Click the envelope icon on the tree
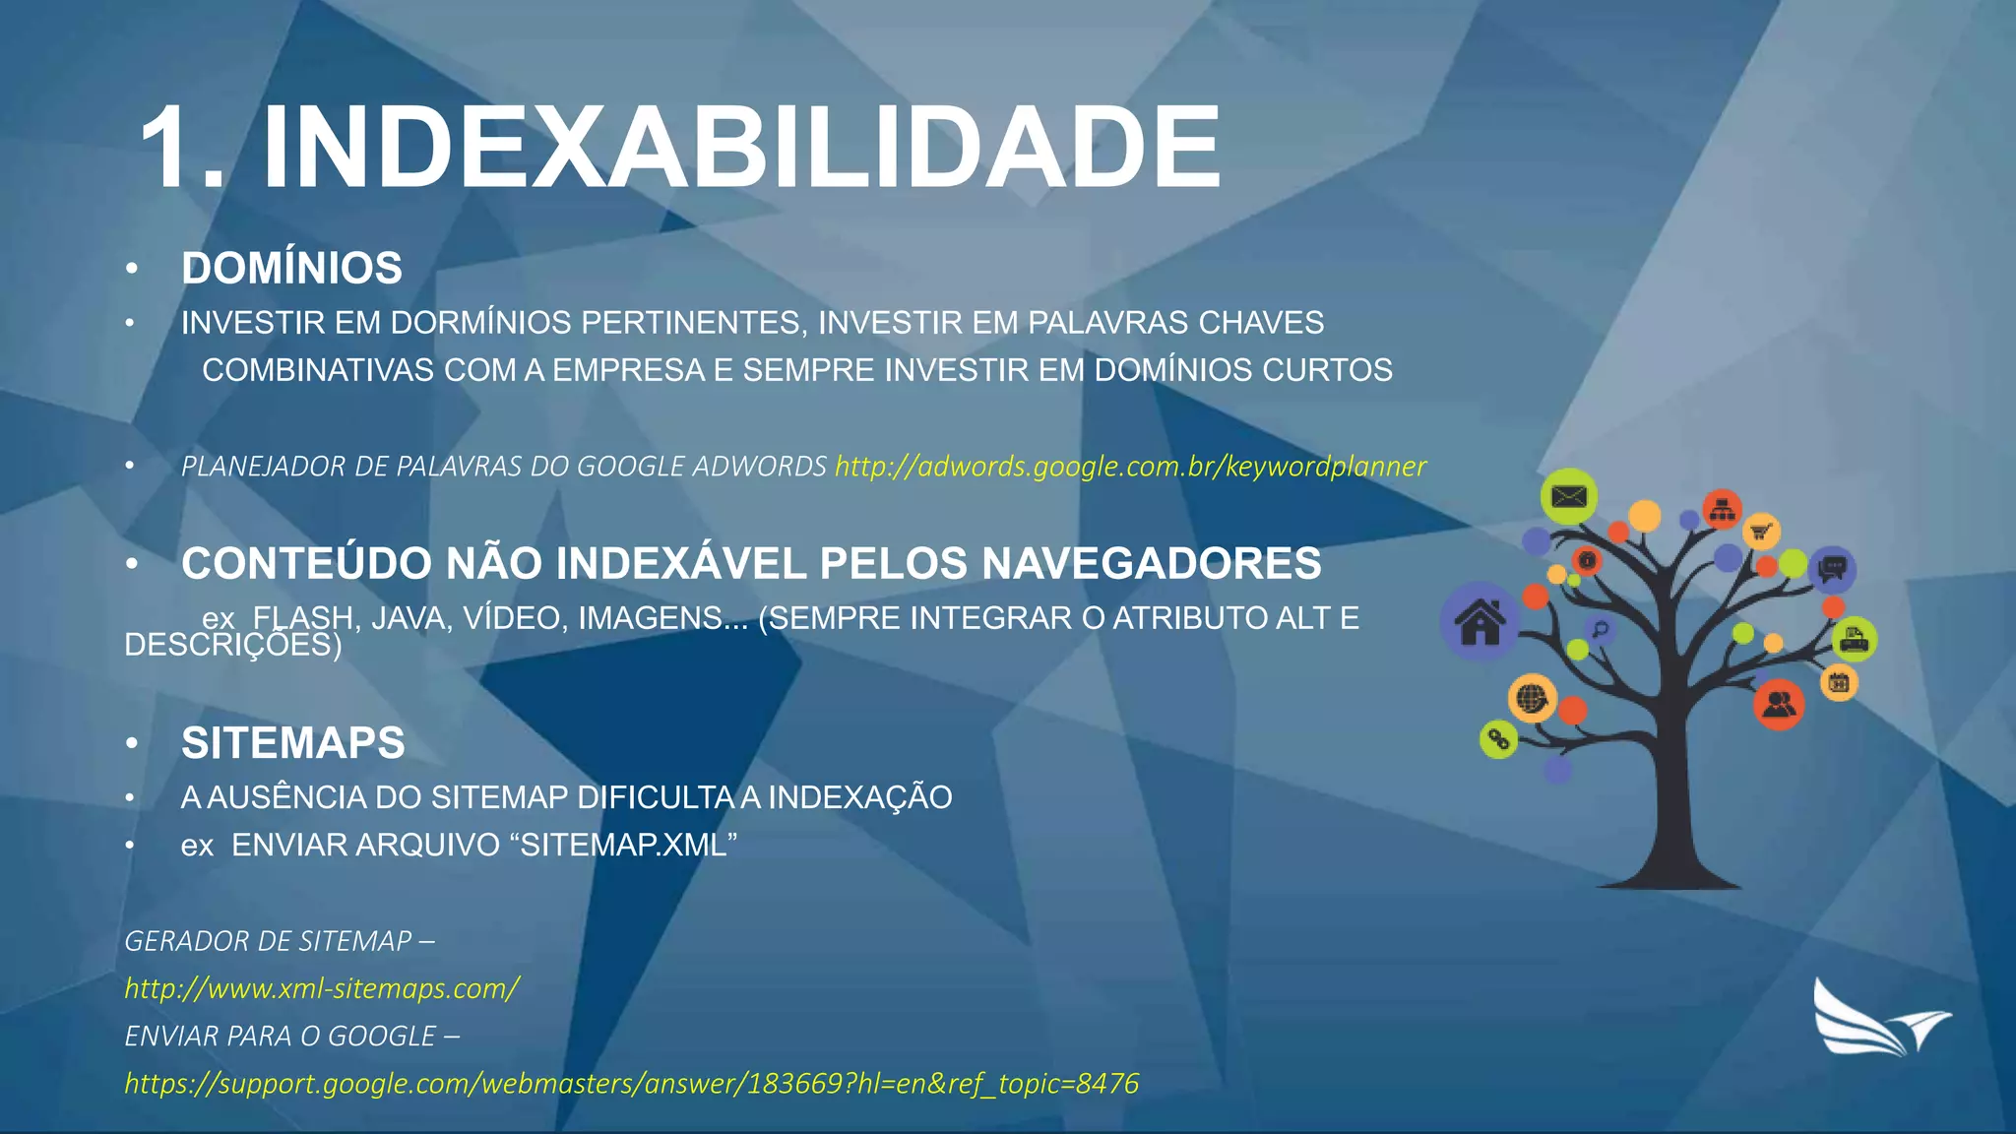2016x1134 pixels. coord(1568,496)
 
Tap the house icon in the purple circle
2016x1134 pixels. coord(1480,622)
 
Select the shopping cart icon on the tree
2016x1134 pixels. coord(1761,532)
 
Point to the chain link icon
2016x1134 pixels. coord(1498,738)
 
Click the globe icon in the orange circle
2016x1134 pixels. coord(1532,699)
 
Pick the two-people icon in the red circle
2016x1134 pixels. coord(1779,704)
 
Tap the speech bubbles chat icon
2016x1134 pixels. coord(1832,569)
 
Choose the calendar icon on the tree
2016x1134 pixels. coord(1838,681)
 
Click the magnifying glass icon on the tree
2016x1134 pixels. coord(1601,630)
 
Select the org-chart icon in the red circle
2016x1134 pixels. coord(1722,509)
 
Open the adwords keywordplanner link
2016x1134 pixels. coord(1130,466)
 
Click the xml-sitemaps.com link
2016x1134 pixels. coord(322,988)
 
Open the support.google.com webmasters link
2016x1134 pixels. coord(631,1084)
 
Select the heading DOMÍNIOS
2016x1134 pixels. coord(291,268)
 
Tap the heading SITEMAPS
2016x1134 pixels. coord(292,742)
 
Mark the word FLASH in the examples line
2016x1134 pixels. coord(303,618)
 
